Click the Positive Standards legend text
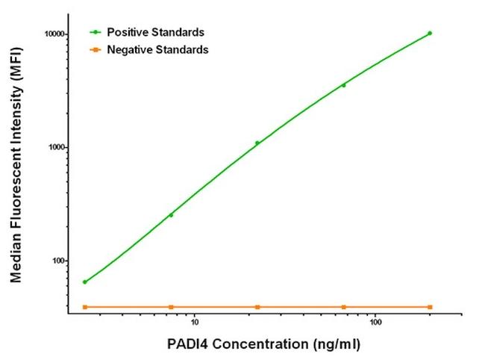point(156,32)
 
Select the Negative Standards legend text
point(158,49)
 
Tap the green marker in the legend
point(95,32)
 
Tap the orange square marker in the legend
point(95,49)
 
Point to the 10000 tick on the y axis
point(53,34)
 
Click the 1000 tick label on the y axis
point(55,148)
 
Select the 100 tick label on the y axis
point(57,261)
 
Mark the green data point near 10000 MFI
point(430,33)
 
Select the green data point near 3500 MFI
point(343,85)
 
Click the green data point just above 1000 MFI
point(257,143)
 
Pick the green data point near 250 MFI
point(171,215)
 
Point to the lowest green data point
point(84,282)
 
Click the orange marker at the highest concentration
point(430,307)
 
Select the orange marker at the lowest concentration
point(84,307)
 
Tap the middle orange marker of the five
point(257,307)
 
